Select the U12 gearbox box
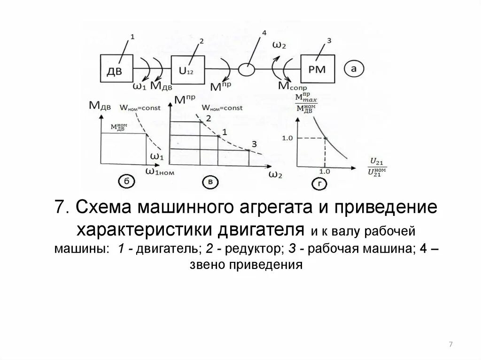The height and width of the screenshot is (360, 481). [x=188, y=69]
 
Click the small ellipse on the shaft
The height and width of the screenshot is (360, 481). [x=248, y=69]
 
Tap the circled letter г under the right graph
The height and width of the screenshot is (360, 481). [x=319, y=184]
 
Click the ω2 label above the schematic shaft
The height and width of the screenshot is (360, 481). [x=279, y=45]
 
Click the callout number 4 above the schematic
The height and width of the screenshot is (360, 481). [x=264, y=32]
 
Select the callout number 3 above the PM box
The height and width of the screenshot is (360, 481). [x=329, y=41]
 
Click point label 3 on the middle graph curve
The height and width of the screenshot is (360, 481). [x=254, y=144]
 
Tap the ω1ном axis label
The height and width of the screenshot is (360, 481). [x=160, y=171]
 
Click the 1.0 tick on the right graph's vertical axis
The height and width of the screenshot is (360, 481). [x=287, y=138]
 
